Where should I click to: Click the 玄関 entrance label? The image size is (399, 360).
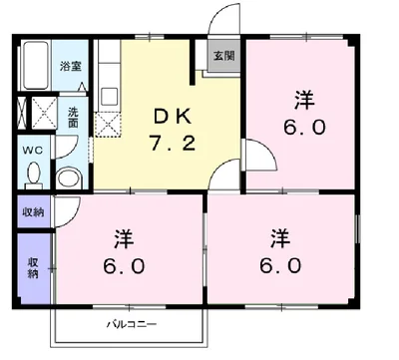pos(223,56)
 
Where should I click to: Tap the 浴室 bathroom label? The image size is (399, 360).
pos(70,66)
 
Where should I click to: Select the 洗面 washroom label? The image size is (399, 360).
pos(73,118)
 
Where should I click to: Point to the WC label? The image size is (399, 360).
pos(33,151)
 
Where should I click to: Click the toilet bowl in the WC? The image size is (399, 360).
pos(34,173)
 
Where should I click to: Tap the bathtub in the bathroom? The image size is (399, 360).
pos(36,65)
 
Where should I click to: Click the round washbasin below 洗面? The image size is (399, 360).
pos(69,180)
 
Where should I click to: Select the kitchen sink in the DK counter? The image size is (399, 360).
pos(110,96)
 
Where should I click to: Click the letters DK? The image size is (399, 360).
pos(173,117)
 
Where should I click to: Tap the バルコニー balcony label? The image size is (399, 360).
pos(132,324)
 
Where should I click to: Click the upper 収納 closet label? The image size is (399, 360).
pos(33,211)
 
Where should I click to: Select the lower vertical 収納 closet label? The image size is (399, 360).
pos(33,268)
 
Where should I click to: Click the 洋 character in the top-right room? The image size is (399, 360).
pos(304,101)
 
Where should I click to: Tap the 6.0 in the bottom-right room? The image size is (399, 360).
pos(280,266)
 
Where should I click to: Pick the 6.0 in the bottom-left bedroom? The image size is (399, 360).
pos(124,266)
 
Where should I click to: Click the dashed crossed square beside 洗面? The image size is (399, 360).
pos(45,113)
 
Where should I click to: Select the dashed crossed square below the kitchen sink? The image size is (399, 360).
pos(107,125)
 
